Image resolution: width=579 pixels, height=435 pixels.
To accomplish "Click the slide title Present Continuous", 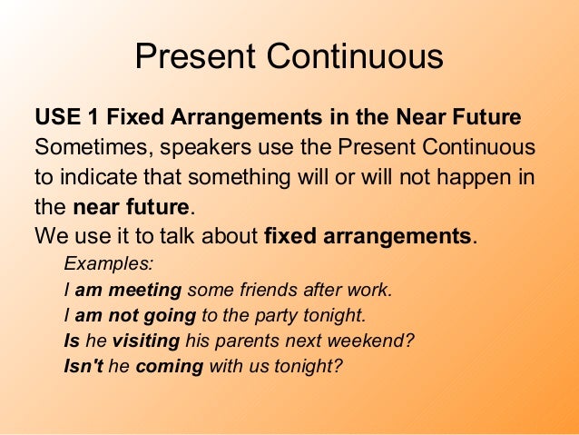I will [289, 57].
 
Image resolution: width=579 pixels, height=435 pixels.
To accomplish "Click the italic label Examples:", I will [108, 265].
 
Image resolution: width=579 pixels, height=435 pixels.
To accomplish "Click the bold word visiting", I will [145, 342].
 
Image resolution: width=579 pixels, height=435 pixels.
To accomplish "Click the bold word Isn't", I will [83, 369].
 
